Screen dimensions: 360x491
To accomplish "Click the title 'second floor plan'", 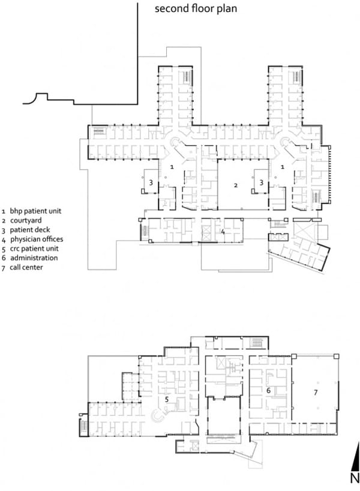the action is [196, 8].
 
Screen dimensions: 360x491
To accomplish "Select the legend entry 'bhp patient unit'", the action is [35, 211].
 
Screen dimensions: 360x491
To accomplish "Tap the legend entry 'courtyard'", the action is [26, 220].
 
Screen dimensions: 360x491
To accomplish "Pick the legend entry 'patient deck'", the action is [30, 230].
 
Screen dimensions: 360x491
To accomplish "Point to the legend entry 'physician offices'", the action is [37, 239].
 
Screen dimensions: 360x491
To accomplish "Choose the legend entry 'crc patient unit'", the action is [34, 249].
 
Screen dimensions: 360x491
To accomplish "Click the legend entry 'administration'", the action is [34, 258].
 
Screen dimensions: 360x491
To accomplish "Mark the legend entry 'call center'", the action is [26, 267].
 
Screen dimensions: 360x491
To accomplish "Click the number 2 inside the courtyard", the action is [236, 185].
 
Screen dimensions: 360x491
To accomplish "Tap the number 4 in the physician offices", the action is [223, 232].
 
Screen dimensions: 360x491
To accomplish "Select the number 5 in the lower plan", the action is [167, 399].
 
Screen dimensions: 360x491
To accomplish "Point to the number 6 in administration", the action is [268, 391].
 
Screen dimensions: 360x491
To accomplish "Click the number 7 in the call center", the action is [316, 392].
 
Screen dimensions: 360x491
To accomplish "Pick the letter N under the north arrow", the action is [355, 478].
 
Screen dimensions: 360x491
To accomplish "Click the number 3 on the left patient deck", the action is [151, 182].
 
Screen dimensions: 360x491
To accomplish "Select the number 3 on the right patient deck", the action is [262, 182].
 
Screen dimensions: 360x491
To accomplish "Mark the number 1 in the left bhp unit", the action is [172, 167].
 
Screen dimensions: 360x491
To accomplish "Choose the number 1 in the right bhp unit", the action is [283, 167].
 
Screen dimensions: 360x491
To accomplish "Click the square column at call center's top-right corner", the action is [336, 357].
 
